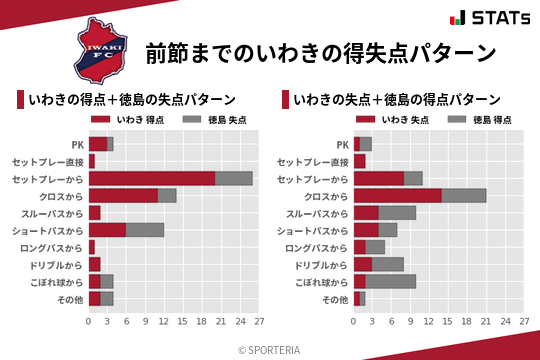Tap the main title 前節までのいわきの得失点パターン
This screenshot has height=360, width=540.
tap(321, 52)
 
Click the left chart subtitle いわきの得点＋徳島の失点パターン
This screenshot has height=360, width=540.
tap(133, 100)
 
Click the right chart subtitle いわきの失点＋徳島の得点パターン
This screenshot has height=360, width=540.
tap(398, 100)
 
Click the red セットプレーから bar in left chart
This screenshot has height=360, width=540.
tap(151, 178)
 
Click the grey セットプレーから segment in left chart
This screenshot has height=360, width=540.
tap(233, 178)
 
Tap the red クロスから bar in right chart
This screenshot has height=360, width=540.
tap(397, 196)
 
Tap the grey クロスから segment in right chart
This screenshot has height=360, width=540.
tap(463, 196)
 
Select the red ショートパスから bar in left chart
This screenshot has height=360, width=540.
tap(107, 230)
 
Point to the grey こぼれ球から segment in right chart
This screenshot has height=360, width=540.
tap(391, 281)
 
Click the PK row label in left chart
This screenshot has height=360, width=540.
tap(77, 144)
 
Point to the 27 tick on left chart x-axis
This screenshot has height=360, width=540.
tap(258, 322)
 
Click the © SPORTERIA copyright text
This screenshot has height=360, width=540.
tap(270, 349)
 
